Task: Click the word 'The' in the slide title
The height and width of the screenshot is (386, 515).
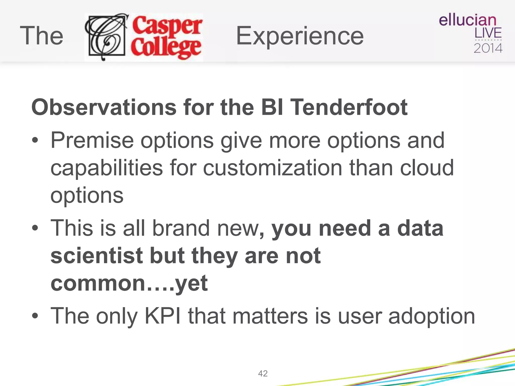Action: tap(41, 36)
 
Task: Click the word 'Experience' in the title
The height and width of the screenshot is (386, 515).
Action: tap(300, 36)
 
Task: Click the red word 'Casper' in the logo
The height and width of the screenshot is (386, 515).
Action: tap(167, 25)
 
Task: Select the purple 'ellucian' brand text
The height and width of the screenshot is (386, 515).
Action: tap(467, 20)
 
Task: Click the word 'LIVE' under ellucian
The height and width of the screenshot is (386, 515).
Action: tap(488, 33)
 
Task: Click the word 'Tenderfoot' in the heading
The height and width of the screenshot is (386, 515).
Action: tap(350, 108)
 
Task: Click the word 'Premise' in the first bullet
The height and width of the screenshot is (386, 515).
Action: tap(92, 140)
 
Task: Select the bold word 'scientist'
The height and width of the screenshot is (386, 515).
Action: tap(97, 256)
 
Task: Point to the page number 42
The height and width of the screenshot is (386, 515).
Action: tap(263, 373)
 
